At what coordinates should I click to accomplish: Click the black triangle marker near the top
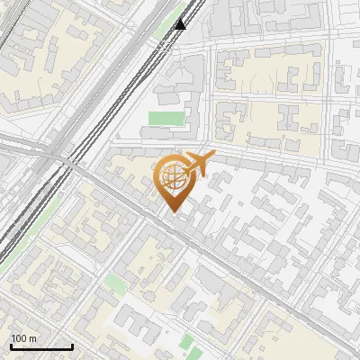(x=180, y=23)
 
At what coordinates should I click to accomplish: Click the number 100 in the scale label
(x=19, y=338)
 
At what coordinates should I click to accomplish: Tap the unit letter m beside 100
(x=32, y=338)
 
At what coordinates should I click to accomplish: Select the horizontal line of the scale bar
(x=41, y=346)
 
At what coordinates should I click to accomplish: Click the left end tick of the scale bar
(x=11, y=345)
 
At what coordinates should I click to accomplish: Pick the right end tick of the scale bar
(x=72, y=345)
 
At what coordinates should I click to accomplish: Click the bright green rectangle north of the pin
(x=164, y=118)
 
